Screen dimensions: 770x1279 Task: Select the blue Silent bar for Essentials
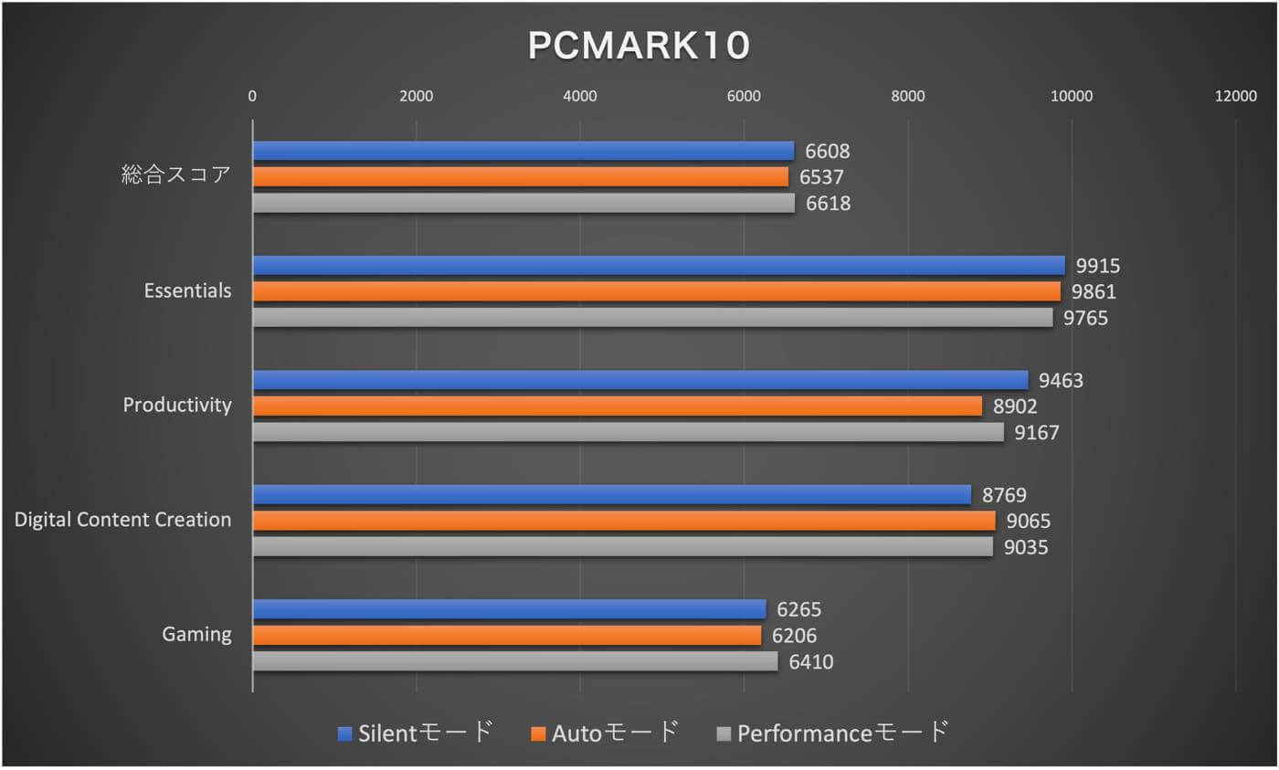658,266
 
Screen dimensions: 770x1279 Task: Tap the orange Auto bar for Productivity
617,406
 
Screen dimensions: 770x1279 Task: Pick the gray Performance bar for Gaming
514,661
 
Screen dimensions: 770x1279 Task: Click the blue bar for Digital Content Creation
611,494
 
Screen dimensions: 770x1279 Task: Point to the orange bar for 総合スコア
520,177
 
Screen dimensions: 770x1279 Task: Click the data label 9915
1097,266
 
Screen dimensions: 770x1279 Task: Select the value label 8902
1015,406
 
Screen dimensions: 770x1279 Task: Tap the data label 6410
810,661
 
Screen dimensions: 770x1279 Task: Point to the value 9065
1028,521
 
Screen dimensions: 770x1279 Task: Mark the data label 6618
828,204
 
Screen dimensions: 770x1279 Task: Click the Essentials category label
187,291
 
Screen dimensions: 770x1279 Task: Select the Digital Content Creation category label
123,520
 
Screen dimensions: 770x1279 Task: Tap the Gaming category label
196,634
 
